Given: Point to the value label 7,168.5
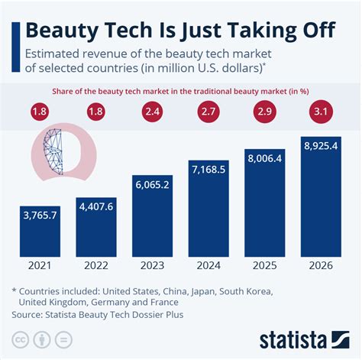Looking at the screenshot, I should point(209,168).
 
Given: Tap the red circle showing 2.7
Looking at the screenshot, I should point(209,113).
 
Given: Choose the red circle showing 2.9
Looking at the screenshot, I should point(265,113).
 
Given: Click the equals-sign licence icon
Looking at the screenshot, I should point(66,338).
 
